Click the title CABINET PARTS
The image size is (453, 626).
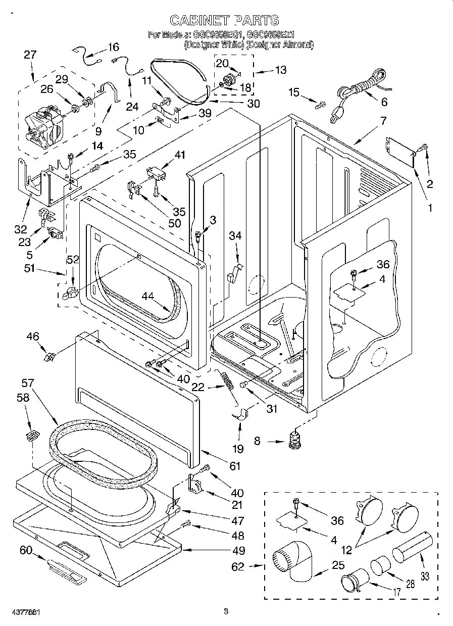coord(224,20)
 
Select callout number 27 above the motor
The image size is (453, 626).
coord(30,55)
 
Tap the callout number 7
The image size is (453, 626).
coord(383,121)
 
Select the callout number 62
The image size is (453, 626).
coord(238,566)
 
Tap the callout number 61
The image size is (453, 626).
coord(235,466)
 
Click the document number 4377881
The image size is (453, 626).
coord(21,612)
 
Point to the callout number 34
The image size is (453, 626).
coord(235,235)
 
